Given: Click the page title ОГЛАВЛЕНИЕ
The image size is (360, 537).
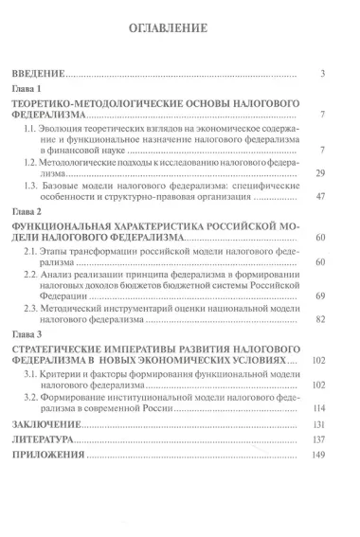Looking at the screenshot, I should point(179,28).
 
